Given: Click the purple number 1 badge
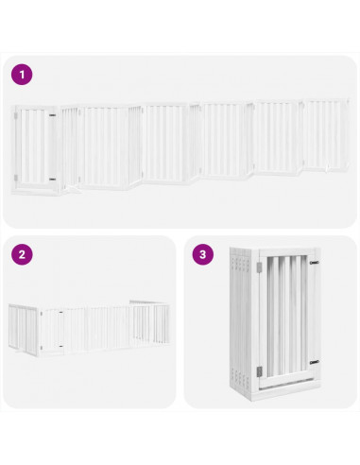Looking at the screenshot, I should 22,73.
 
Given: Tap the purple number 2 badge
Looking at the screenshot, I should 22,254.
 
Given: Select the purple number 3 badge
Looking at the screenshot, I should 203,254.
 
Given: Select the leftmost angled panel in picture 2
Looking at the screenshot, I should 22,330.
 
